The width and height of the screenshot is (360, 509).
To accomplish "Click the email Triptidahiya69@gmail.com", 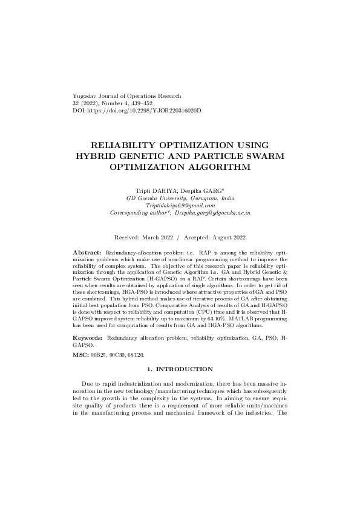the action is tap(180, 206).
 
